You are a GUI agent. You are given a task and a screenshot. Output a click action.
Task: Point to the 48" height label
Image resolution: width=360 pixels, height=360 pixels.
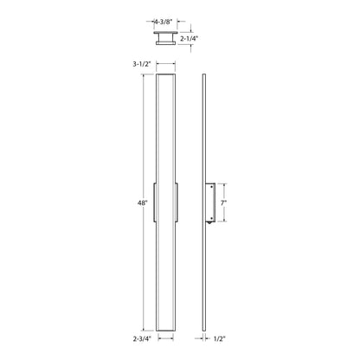click(142, 202)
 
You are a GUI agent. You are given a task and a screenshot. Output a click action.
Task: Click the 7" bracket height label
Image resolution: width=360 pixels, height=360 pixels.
click(223, 202)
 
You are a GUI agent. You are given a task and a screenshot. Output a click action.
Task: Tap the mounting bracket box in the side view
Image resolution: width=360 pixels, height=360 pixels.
click(212, 202)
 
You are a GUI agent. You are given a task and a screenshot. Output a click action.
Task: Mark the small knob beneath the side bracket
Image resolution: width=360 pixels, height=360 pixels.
click(208, 226)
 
